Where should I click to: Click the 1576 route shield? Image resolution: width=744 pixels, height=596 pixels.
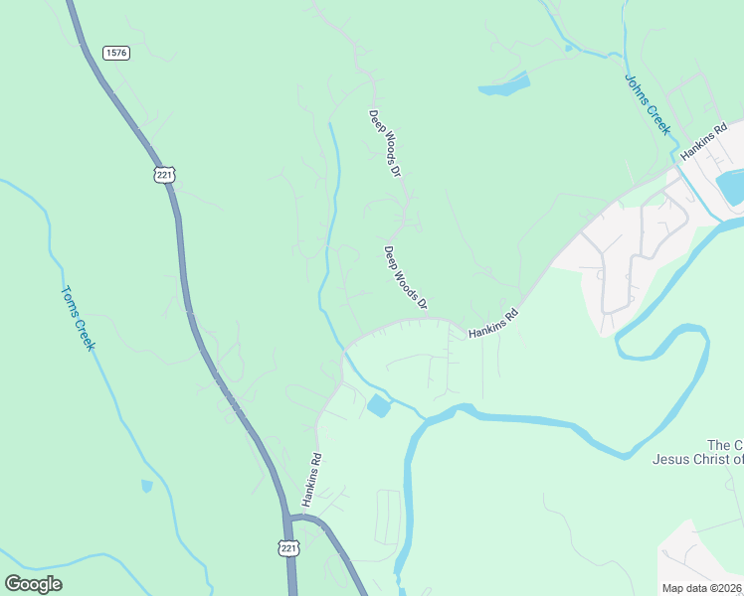[115, 53]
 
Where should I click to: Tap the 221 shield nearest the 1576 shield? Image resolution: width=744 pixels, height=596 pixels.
[164, 174]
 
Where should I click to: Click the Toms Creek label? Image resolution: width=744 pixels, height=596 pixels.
[78, 318]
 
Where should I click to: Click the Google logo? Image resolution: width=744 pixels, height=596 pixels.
[33, 583]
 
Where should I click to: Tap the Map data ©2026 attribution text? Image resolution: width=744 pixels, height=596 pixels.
[702, 588]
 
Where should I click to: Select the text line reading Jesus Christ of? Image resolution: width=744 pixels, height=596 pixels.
[697, 459]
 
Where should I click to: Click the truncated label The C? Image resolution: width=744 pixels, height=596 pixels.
[724, 444]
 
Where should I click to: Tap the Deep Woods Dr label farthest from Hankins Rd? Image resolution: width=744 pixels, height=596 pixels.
[384, 143]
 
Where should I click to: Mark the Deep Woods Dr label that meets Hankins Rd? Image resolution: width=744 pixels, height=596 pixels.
[405, 276]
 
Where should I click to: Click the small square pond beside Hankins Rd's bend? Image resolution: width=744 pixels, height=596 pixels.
[379, 405]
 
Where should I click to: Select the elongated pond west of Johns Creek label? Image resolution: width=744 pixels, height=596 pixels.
[504, 85]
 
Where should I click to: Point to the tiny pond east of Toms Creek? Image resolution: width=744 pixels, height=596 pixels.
[147, 486]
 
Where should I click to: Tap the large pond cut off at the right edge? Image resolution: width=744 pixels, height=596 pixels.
[731, 187]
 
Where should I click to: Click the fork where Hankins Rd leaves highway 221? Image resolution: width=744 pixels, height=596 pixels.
[291, 518]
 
